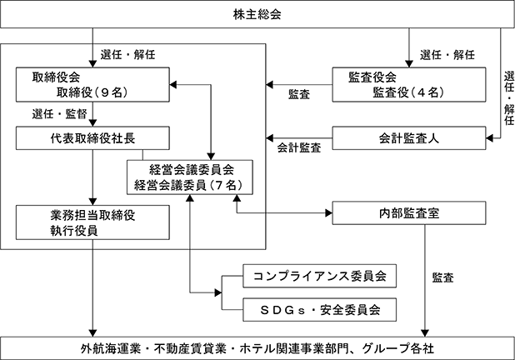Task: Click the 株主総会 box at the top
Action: point(257,14)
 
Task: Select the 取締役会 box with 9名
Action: point(92,85)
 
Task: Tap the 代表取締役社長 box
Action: point(92,138)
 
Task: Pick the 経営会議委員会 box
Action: point(190,177)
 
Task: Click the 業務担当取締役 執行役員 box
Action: point(92,222)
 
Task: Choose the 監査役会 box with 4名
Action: point(409,85)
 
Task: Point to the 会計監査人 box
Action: point(409,138)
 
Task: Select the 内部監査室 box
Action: point(409,213)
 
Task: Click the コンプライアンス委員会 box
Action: point(319,276)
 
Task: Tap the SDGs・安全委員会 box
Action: point(319,310)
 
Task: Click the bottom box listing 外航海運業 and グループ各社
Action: point(257,348)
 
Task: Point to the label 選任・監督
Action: point(59,114)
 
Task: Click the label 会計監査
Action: point(299,147)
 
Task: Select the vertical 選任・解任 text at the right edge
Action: point(509,98)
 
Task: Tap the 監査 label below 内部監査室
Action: point(442,277)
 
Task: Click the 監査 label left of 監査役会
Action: point(299,95)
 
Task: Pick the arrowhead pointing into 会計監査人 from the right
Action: point(490,138)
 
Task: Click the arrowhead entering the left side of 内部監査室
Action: point(328,213)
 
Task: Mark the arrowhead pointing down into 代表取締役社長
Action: point(93,122)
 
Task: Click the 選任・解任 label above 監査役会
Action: point(447,54)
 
